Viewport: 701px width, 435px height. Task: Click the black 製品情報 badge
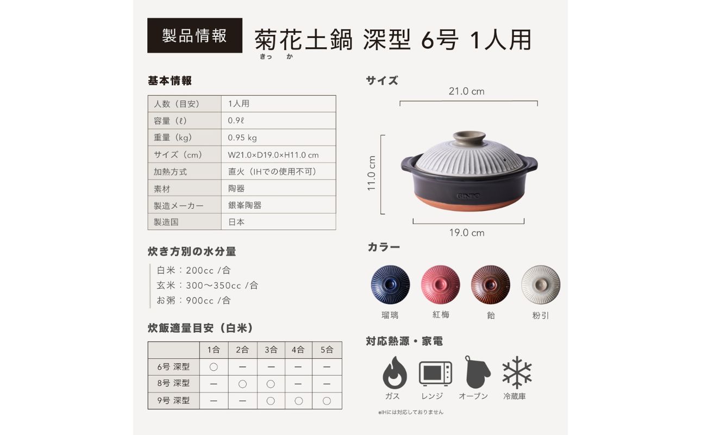tap(195, 36)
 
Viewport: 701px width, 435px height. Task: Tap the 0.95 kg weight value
tap(242, 138)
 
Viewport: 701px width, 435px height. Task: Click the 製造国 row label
tap(166, 222)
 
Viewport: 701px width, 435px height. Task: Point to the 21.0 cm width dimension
tap(466, 91)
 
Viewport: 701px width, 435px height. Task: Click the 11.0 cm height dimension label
tap(372, 173)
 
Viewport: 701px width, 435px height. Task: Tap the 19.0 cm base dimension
tap(466, 233)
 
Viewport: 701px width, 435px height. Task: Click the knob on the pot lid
tap(469, 137)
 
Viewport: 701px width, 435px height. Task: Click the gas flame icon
tap(395, 372)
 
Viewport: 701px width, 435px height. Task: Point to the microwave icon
tap(435, 374)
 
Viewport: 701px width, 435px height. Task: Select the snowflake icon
tap(517, 372)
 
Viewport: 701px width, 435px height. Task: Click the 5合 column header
tap(327, 350)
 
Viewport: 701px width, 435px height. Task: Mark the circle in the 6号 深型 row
tap(214, 367)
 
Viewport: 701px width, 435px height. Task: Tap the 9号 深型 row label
tap(173, 401)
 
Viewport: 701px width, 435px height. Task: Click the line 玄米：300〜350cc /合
tap(208, 285)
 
